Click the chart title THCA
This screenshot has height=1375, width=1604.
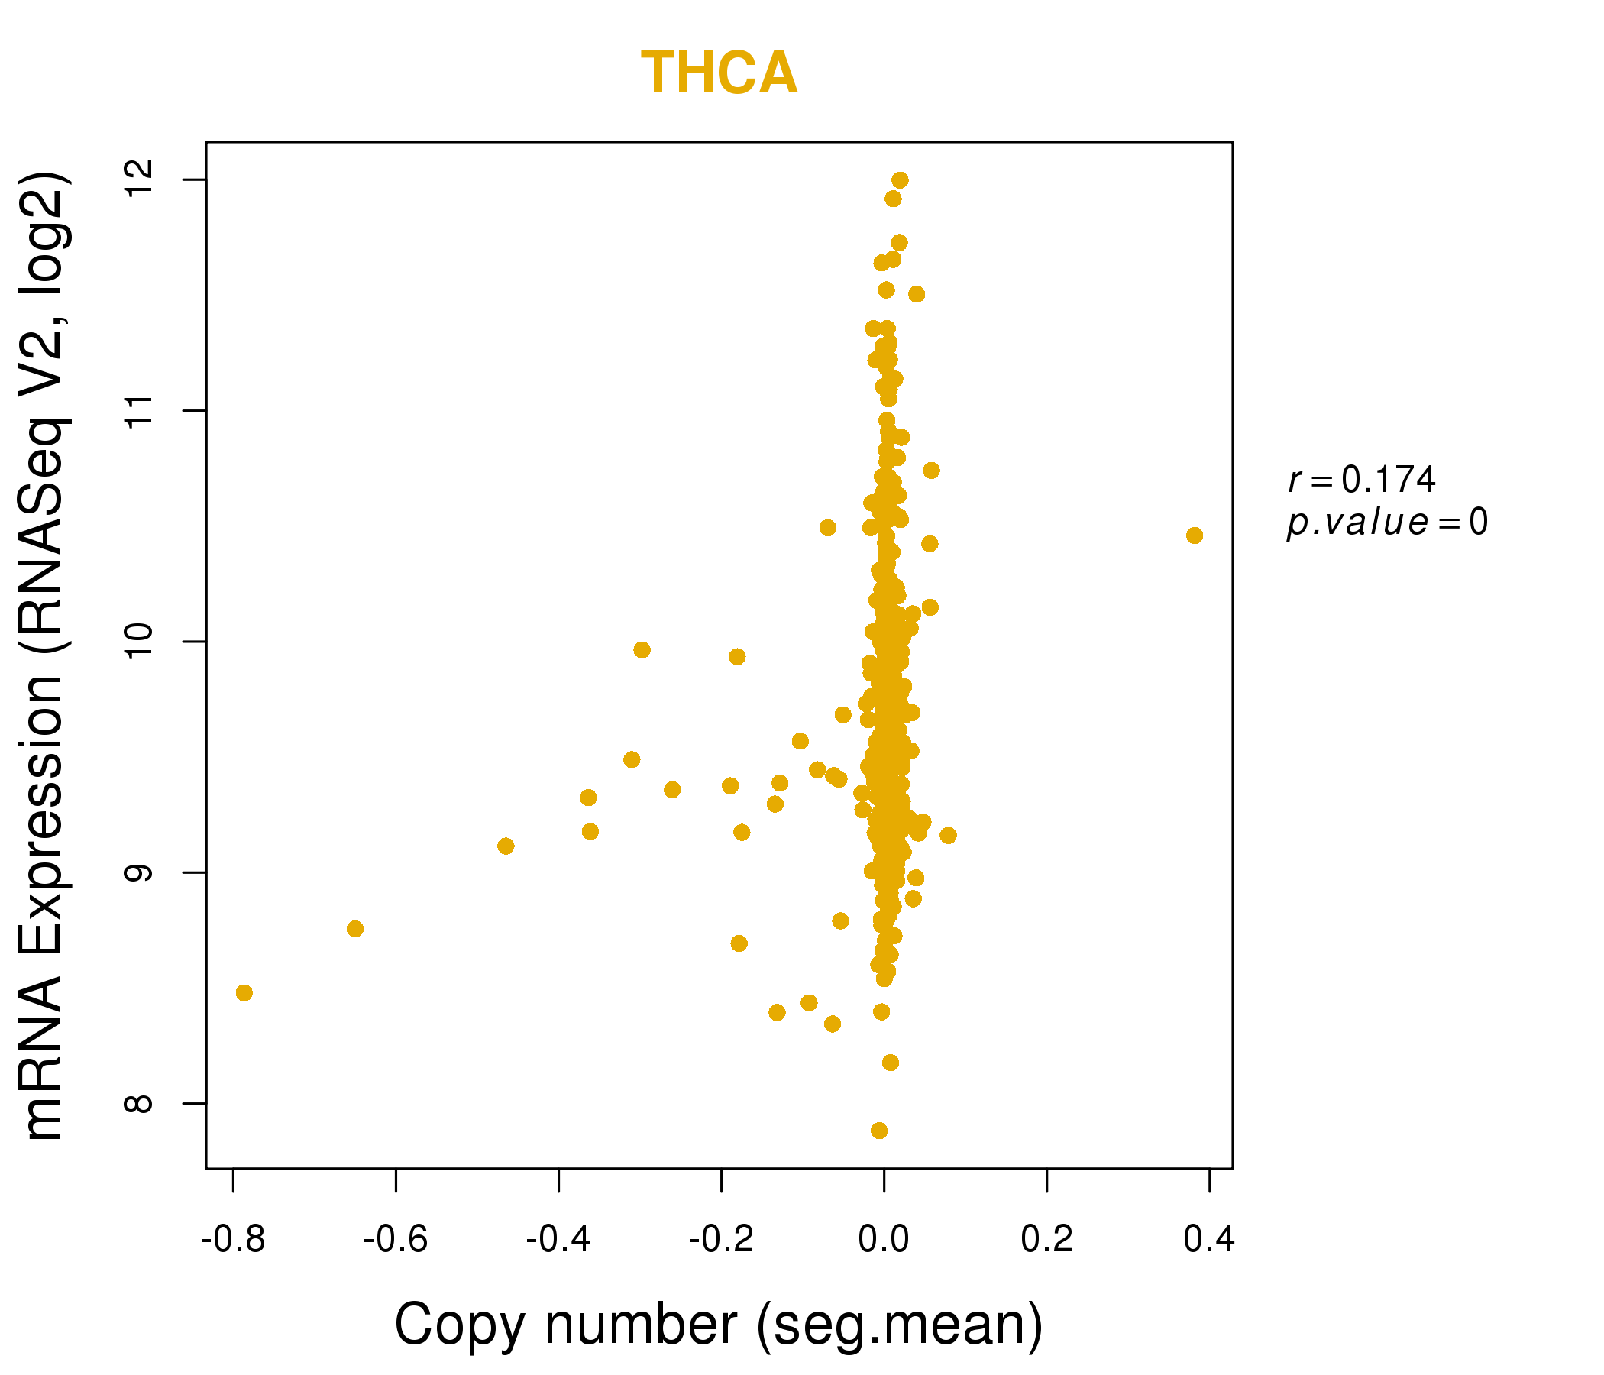[719, 73]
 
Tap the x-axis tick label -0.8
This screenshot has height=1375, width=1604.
[233, 1240]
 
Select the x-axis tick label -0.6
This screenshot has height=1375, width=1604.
[396, 1240]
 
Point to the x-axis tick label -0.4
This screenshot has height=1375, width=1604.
[558, 1240]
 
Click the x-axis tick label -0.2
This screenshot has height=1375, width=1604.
[721, 1240]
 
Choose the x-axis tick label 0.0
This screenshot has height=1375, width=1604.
[883, 1240]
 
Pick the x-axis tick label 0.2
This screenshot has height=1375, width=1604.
[1046, 1240]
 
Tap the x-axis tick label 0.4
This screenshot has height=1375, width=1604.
[1209, 1240]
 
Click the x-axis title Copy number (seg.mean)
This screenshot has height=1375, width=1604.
[719, 1325]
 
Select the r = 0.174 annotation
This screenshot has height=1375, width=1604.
[1362, 480]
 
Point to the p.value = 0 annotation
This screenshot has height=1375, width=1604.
[1386, 522]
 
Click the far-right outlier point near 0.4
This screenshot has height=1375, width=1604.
[1195, 535]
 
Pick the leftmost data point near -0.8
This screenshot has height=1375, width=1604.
[244, 993]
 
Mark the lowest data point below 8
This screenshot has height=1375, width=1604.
[878, 1131]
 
